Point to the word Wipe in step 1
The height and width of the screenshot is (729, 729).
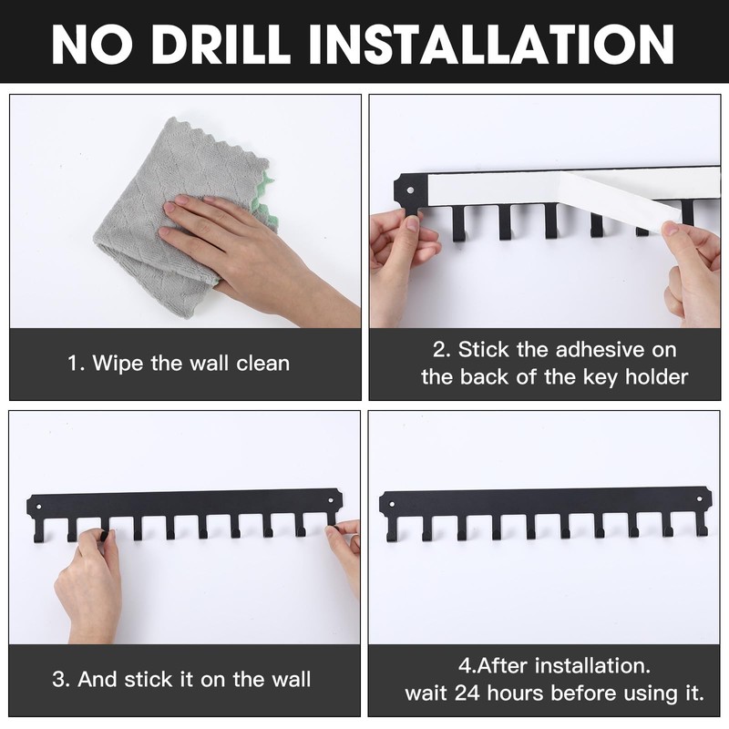click(118, 363)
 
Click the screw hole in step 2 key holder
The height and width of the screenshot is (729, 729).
click(410, 190)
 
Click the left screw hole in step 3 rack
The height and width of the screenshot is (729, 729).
click(39, 507)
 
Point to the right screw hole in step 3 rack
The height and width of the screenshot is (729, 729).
click(331, 501)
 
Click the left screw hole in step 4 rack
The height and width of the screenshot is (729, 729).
click(392, 504)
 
